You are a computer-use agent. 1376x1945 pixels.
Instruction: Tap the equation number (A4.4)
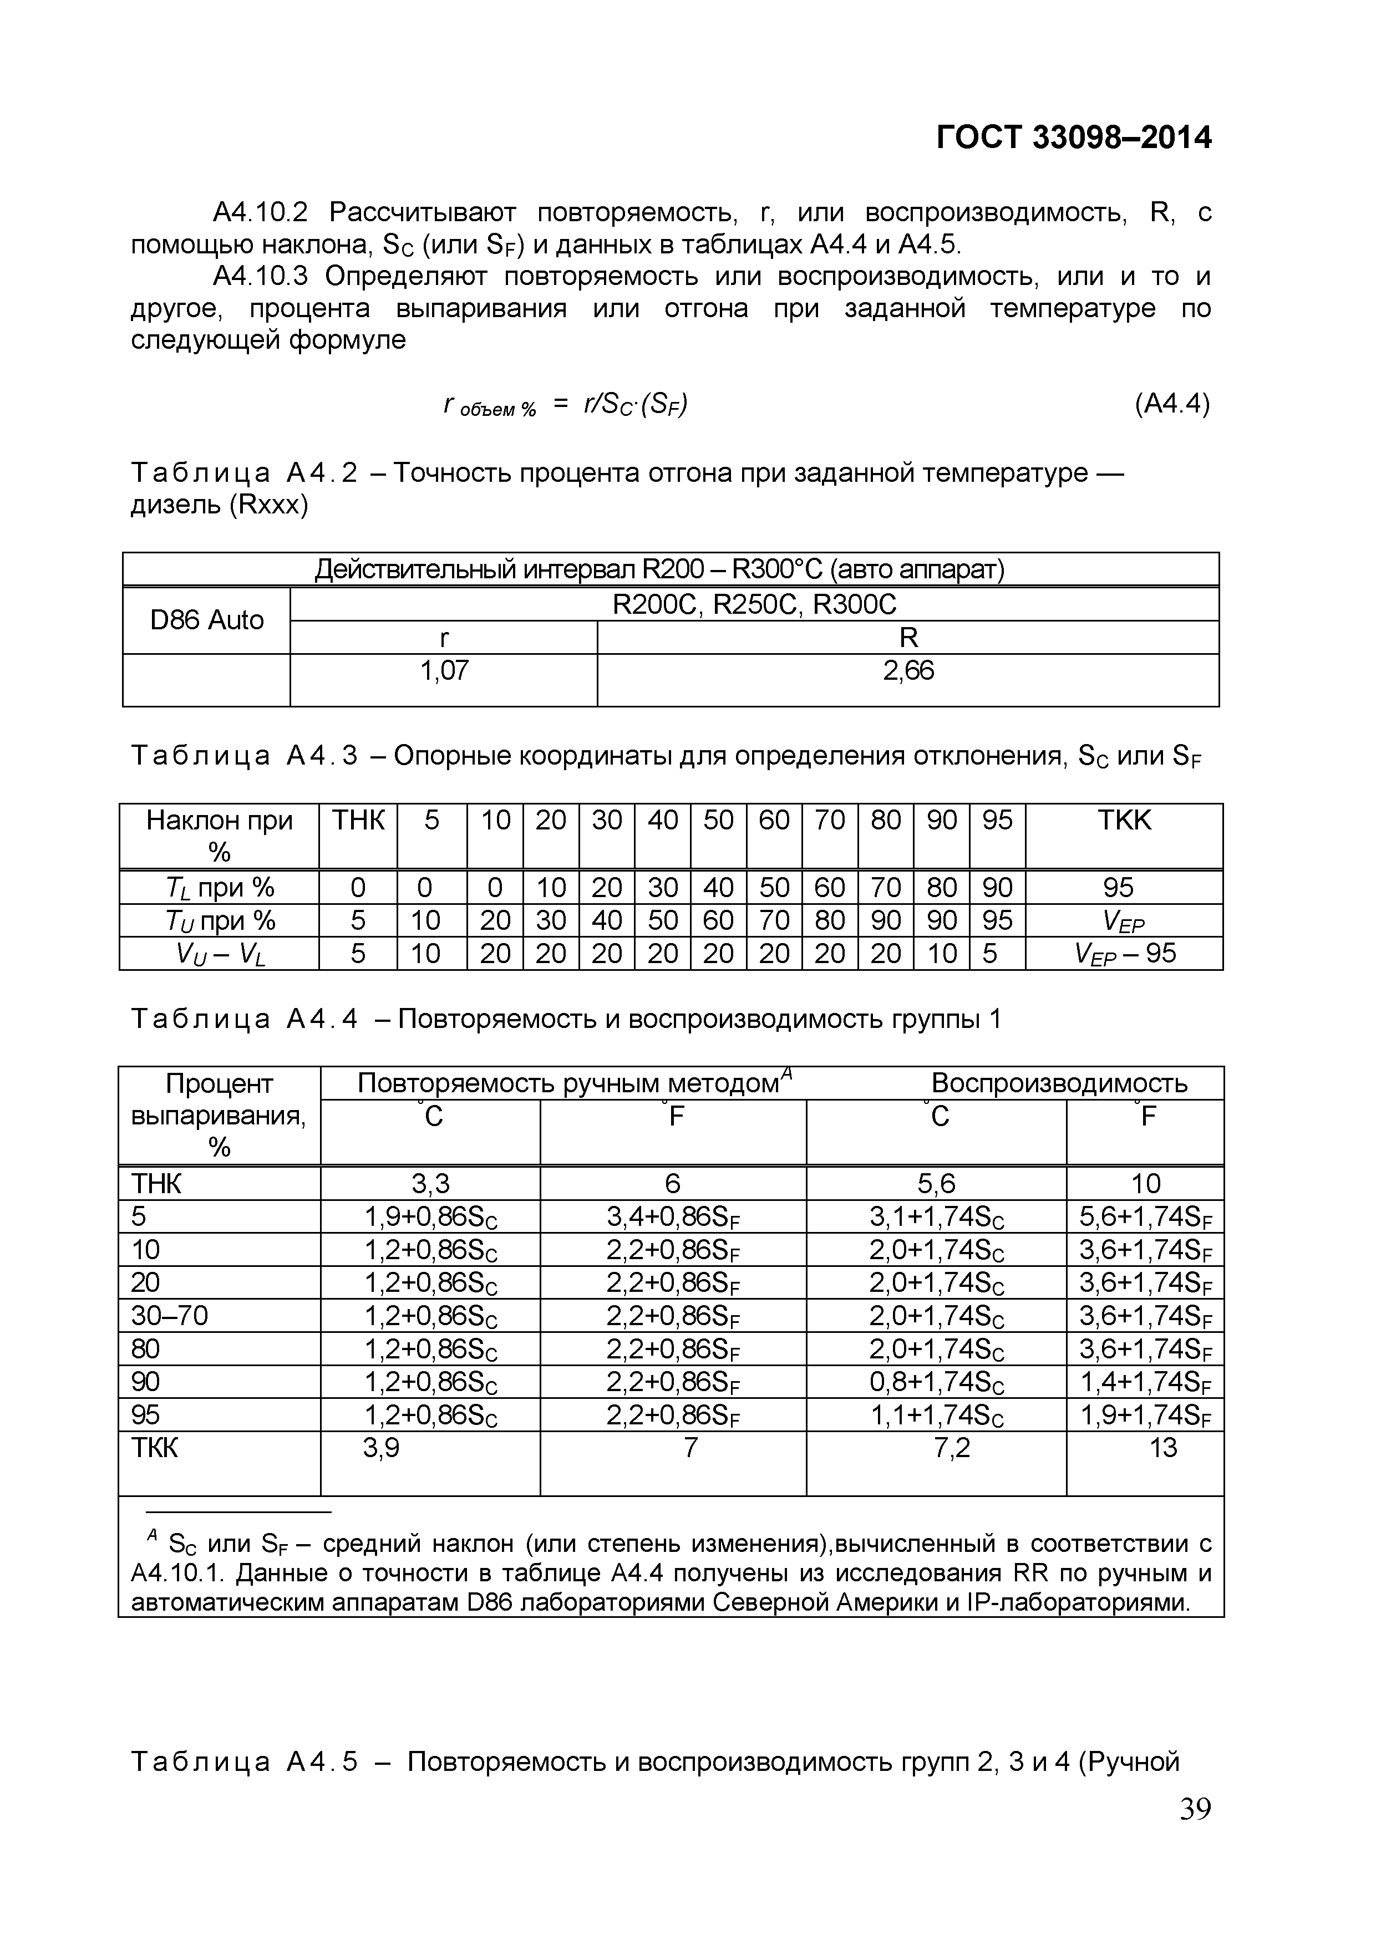point(1172,404)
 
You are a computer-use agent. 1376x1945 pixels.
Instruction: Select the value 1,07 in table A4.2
point(444,671)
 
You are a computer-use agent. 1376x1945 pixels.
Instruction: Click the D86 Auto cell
point(207,620)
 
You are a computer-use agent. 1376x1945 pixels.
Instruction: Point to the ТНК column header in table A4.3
point(358,820)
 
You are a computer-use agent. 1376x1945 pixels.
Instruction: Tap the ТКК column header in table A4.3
point(1124,820)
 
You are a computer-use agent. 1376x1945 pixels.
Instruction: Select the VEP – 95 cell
point(1124,954)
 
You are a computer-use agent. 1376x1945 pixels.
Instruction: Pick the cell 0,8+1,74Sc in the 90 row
point(936,1382)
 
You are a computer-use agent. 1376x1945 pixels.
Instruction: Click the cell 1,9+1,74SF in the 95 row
point(1145,1416)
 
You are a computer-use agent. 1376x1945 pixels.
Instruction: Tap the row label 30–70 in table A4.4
point(170,1316)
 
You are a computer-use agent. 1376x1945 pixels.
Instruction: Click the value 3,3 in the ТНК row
point(430,1183)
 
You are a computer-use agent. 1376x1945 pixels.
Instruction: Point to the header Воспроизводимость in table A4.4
point(1059,1083)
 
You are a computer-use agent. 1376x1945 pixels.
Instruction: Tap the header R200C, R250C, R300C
point(754,604)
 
